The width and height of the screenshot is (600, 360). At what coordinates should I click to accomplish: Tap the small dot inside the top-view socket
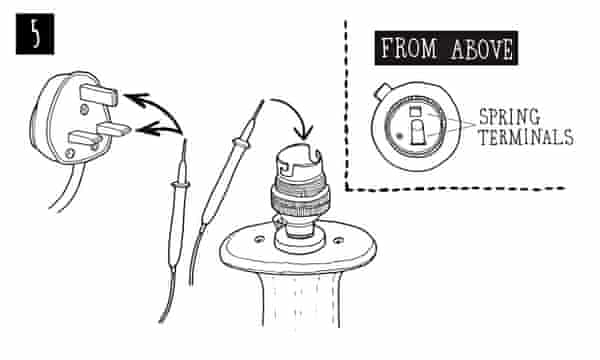(x=400, y=135)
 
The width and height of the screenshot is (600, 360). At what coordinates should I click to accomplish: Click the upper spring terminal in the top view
(x=421, y=121)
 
